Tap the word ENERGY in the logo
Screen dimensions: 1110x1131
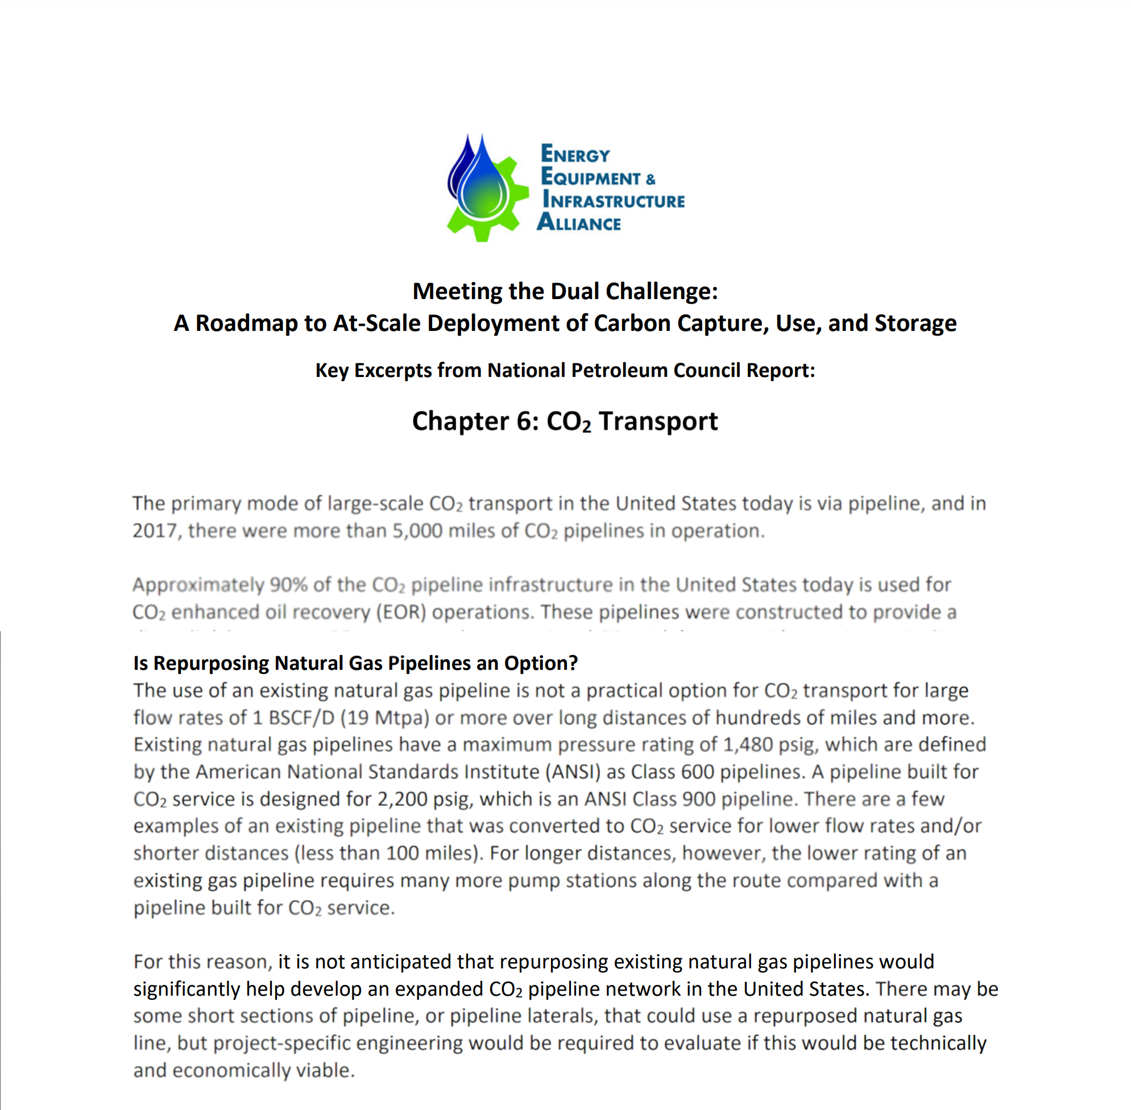[575, 154]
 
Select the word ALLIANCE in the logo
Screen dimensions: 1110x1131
[579, 223]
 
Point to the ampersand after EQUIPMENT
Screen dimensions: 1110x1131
[651, 179]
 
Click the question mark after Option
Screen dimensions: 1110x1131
[574, 663]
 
